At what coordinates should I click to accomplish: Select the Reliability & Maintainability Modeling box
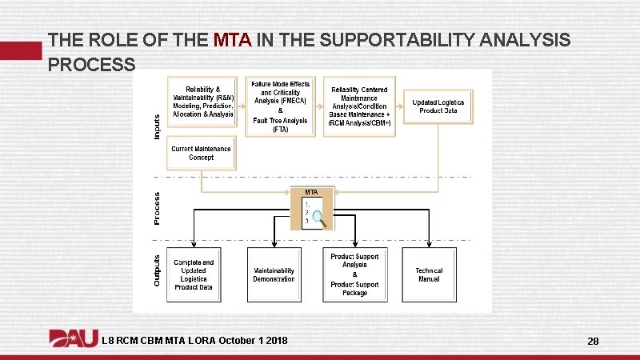tap(203, 102)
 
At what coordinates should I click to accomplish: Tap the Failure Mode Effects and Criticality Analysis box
tap(280, 106)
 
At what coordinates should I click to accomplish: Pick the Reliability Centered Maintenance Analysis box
tap(359, 106)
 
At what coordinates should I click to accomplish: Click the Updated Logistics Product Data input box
tap(438, 106)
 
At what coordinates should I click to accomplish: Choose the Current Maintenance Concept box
tap(202, 153)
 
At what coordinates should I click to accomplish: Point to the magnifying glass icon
tap(319, 216)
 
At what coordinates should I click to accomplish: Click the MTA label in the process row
tap(311, 192)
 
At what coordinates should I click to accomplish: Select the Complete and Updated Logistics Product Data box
tap(194, 274)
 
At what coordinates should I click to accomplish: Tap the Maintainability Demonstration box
tap(274, 274)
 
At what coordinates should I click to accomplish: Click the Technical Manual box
tap(429, 274)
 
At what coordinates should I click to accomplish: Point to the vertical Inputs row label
tap(156, 126)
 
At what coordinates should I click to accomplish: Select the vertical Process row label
tap(156, 206)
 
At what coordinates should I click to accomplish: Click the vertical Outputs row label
tap(157, 270)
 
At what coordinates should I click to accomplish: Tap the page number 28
tap(593, 342)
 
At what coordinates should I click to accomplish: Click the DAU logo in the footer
tap(74, 339)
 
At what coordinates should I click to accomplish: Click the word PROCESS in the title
tap(91, 65)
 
